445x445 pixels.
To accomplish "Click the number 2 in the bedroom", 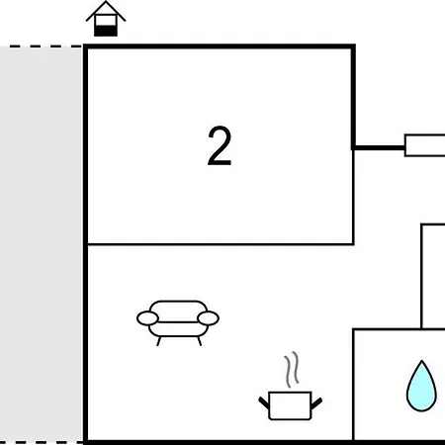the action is pos(220,145).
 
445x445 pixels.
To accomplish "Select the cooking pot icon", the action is pos(290,405).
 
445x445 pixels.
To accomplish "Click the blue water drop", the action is pos(421,386).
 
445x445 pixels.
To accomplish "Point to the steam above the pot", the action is pos(292,369).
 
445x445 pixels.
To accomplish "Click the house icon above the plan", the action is pos(106,19).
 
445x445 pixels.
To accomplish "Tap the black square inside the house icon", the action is pos(106,31).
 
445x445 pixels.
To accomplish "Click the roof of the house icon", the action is pos(106,11).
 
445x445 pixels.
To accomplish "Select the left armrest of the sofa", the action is pos(147,318).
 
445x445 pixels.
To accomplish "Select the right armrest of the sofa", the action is pos(209,318).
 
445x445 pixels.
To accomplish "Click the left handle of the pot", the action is pos(264,402).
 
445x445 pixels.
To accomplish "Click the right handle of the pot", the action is pos(316,402).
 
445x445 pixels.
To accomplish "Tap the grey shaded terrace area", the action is pos(41,244).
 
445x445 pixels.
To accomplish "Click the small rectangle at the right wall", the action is pos(425,145).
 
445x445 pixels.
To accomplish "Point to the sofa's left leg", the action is pos(158,341).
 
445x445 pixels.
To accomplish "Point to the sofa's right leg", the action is pos(199,341).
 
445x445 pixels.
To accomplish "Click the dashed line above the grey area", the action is pos(42,46).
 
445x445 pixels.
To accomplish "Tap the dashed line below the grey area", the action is pos(42,442).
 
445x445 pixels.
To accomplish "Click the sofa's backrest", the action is pos(178,311).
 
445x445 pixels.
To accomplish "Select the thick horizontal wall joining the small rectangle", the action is pos(379,147).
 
